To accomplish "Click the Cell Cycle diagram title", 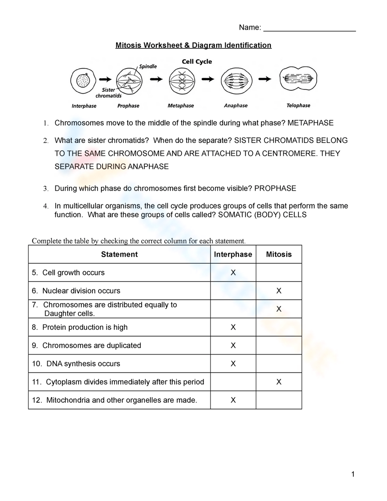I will pos(197,62).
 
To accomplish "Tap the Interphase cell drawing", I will pos(83,81).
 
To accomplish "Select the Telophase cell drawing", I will pos(298,79).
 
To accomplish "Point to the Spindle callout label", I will pos(148,67).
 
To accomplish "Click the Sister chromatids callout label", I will pos(108,93).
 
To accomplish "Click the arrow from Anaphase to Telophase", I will pos(265,79).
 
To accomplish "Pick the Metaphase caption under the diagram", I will pos(181,106).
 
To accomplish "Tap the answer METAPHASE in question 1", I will pos(310,123).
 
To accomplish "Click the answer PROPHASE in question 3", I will pos(275,189).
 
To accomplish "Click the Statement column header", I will pos(119,254).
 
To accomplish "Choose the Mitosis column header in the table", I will pos(279,254).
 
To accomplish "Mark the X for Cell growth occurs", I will pos(233,273).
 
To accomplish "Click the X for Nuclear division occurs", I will pos(279,291).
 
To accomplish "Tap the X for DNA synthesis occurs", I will pos(233,364).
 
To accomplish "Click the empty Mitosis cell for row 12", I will pos(279,400).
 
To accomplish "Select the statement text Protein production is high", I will pos(85,327).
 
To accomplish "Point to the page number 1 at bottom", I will pos(353,474).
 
